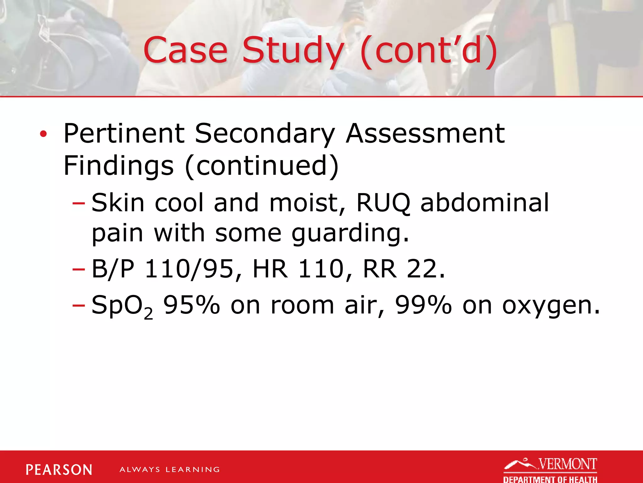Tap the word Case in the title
185,50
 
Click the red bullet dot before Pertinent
43,135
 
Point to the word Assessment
425,133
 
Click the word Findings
118,166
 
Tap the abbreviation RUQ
383,203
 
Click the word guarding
350,233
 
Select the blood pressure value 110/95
189,269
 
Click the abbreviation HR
270,269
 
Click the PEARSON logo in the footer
59,470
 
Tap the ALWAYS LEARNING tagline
170,470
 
